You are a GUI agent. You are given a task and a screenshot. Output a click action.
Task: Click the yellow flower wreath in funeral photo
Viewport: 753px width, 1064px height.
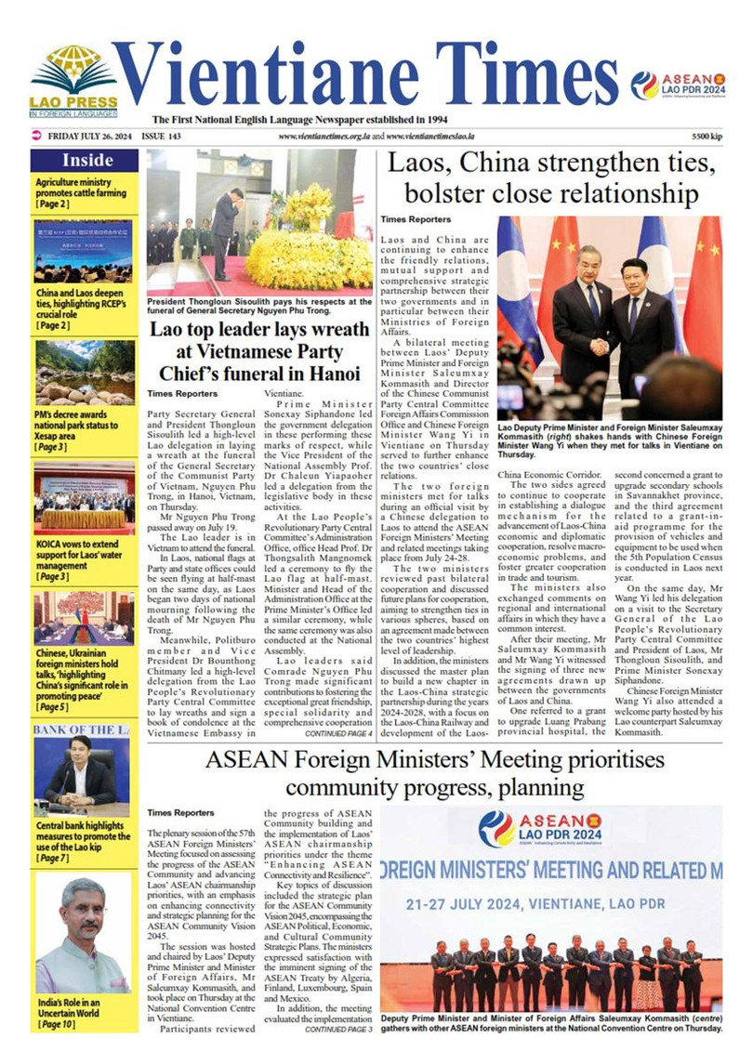click(307, 242)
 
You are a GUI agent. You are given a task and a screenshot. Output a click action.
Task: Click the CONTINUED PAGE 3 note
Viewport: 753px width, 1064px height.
click(338, 1030)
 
